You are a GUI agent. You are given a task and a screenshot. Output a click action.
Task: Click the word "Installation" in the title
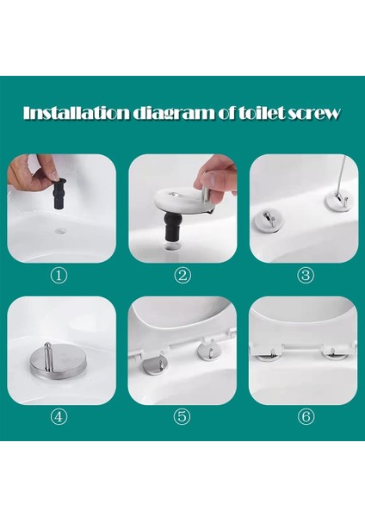pyautogui.click(x=76, y=113)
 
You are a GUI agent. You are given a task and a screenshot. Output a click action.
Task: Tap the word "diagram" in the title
pyautogui.click(x=173, y=114)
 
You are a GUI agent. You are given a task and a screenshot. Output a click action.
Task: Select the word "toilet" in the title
pyautogui.click(x=261, y=113)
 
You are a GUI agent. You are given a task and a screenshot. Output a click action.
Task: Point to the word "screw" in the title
pyautogui.click(x=314, y=114)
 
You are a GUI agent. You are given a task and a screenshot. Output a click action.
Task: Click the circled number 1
pyautogui.click(x=59, y=275)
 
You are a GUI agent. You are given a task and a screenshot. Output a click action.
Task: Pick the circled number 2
pyautogui.click(x=182, y=275)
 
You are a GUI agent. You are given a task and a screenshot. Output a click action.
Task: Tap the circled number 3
pyautogui.click(x=306, y=275)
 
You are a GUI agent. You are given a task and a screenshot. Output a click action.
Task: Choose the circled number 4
pyautogui.click(x=59, y=417)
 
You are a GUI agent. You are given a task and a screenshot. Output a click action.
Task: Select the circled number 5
pyautogui.click(x=182, y=417)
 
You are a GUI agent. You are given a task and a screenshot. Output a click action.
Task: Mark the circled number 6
pyautogui.click(x=306, y=417)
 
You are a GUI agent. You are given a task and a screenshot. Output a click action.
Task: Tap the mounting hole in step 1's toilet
pyautogui.click(x=61, y=231)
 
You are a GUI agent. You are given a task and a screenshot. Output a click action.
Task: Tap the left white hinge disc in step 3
pyautogui.click(x=269, y=219)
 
